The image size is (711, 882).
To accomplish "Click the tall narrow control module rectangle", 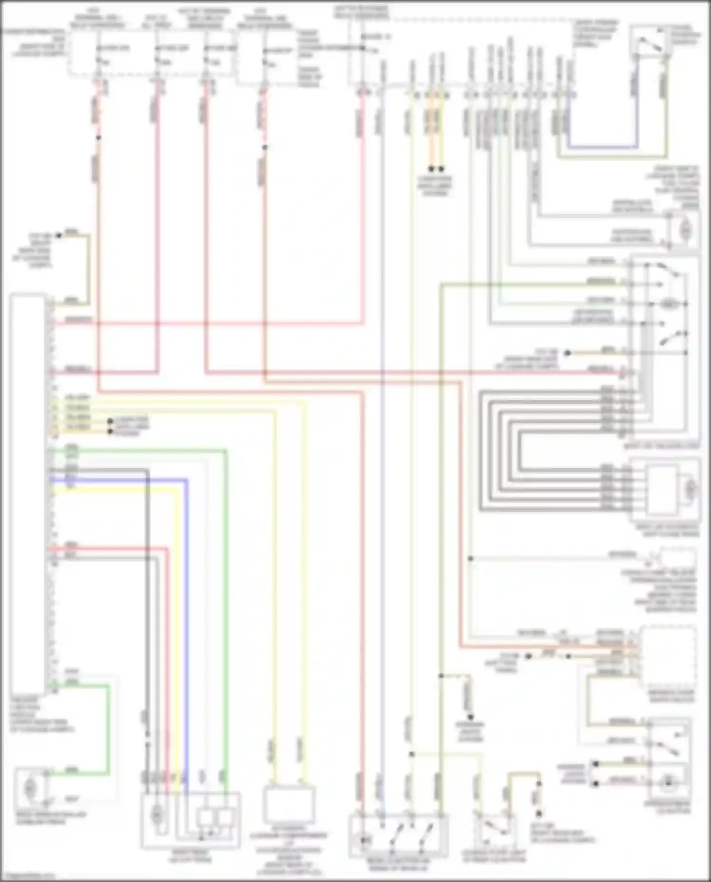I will point(27,493).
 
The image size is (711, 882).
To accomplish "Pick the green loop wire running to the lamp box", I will point(109,730).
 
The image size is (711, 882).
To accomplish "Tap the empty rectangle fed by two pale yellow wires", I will point(289,805).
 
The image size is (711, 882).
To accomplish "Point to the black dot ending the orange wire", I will point(431,169).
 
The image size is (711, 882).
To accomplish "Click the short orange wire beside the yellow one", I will point(431,137).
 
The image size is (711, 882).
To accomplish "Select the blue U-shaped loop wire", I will point(602,146).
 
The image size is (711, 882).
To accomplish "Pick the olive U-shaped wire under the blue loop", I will point(611,156).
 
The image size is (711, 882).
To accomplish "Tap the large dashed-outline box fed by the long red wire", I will point(667,656).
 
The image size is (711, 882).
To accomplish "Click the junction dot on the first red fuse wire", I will point(98,138).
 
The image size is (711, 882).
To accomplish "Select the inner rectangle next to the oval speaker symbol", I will point(661,490).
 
